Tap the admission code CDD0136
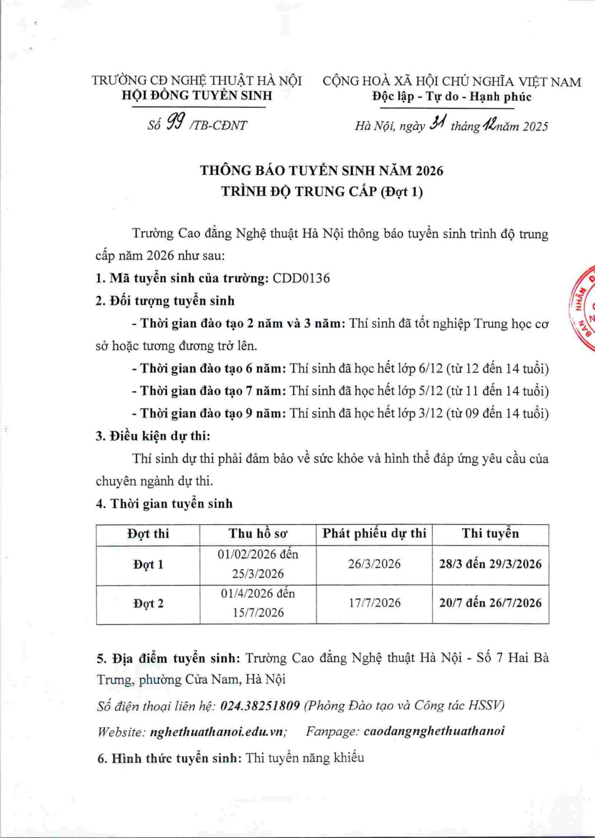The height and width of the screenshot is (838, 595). (301, 278)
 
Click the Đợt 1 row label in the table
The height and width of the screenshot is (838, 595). (148, 565)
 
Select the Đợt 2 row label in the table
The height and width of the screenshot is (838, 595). (148, 603)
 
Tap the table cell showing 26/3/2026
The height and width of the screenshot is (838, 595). (374, 564)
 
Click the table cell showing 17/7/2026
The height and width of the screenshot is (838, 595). (374, 603)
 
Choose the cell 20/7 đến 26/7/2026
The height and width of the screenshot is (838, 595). (490, 603)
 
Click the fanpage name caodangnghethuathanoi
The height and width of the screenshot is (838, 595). (434, 731)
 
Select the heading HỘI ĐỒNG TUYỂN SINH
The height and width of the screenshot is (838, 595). (197, 96)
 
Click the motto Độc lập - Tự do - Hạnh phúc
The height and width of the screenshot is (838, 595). (452, 97)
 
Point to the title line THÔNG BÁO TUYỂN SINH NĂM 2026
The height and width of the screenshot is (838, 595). (322, 171)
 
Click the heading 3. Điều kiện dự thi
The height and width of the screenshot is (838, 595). (153, 436)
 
